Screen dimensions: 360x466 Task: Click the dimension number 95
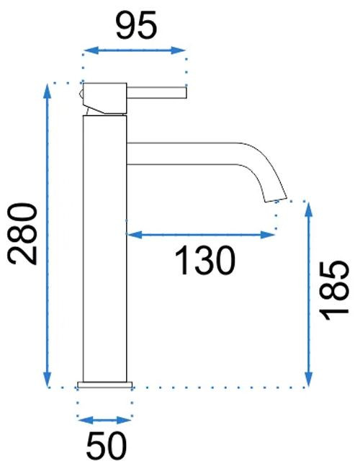(136, 25)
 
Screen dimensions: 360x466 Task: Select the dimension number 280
(22, 233)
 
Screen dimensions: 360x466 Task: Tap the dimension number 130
(205, 260)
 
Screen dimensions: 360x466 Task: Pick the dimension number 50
(107, 445)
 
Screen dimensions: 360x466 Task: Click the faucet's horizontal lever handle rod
(156, 92)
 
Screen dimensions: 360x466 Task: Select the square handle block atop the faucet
(104, 99)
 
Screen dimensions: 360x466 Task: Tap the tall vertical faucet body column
(104, 248)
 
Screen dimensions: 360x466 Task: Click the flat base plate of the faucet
(104, 385)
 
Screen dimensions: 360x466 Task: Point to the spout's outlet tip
(276, 200)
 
